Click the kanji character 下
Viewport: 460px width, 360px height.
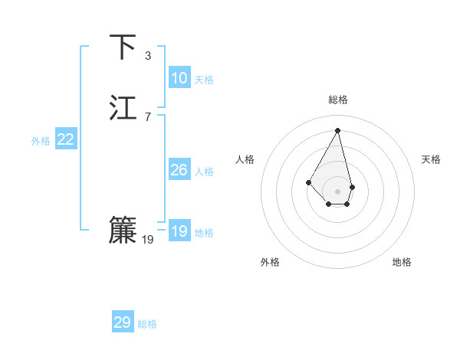click(x=123, y=47)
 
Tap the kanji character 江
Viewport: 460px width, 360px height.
click(x=123, y=108)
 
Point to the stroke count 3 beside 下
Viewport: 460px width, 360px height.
click(x=148, y=56)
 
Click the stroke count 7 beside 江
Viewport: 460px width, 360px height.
click(x=148, y=116)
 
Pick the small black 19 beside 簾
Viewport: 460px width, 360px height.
click(x=148, y=240)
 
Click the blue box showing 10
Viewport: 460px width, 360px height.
click(x=179, y=78)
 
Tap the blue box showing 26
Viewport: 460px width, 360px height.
click(x=179, y=170)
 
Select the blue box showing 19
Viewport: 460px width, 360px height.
click(x=179, y=231)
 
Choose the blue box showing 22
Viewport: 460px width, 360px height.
click(x=66, y=139)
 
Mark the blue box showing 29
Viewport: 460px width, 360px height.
click(x=123, y=322)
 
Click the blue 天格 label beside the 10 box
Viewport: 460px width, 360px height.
click(x=204, y=80)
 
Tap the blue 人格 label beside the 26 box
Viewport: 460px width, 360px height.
click(x=204, y=172)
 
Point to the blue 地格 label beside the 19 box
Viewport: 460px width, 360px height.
click(x=204, y=233)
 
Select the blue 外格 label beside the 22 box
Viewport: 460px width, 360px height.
click(x=41, y=141)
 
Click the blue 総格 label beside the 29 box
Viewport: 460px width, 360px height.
click(x=147, y=324)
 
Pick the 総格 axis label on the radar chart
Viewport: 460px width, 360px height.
click(x=338, y=100)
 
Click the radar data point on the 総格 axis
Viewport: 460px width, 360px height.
click(x=338, y=130)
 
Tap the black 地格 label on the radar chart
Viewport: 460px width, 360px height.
click(x=402, y=262)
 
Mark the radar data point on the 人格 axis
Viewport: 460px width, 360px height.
click(x=308, y=182)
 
